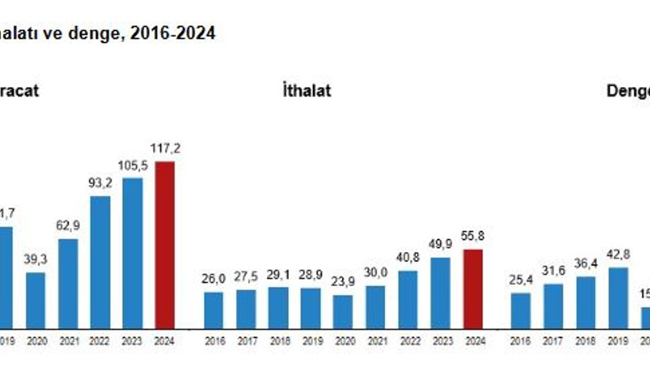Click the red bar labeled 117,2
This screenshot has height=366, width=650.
tap(165, 245)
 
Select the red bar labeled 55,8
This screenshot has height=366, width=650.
tap(473, 289)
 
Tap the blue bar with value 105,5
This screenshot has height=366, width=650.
tap(133, 253)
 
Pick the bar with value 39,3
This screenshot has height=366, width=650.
tap(36, 300)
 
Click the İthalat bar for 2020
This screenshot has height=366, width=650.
tap(343, 312)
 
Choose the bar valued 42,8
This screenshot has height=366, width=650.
tap(618, 298)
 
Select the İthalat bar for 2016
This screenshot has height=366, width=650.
tap(213, 310)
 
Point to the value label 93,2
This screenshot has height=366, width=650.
tap(100, 183)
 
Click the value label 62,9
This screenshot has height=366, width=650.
tap(68, 226)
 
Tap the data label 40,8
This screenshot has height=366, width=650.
tap(408, 258)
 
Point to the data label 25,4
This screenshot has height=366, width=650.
tap(521, 280)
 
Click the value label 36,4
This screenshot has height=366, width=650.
tap(586, 264)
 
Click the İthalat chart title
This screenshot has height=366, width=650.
tap(307, 90)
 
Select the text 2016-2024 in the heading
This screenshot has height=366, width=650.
tap(173, 34)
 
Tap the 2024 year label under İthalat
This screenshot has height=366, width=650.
tap(473, 342)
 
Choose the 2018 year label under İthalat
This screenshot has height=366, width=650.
tap(278, 342)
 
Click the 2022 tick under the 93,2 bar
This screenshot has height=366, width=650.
tap(100, 342)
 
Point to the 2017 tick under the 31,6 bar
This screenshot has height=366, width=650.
tap(553, 342)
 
